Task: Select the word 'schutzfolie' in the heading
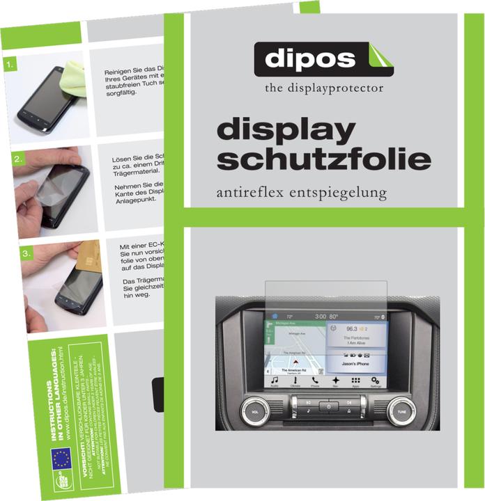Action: [x=323, y=159]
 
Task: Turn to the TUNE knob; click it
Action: [x=401, y=411]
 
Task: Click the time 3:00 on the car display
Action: [x=319, y=317]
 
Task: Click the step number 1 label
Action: [x=10, y=65]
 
